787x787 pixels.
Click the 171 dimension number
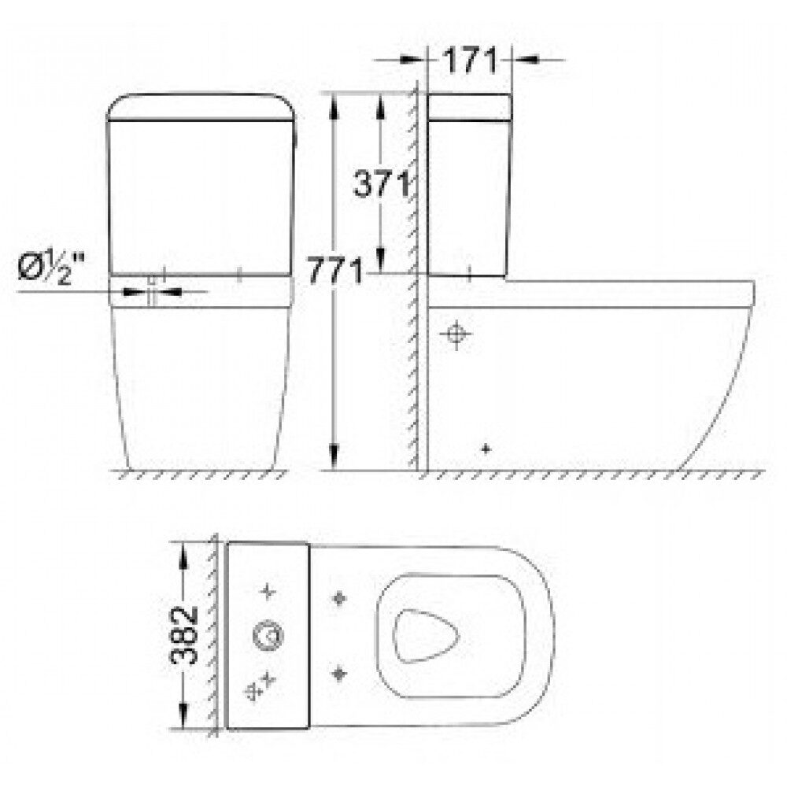point(470,61)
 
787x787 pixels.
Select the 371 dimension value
point(382,183)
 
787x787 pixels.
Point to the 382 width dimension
point(184,635)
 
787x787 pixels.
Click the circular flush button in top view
point(268,636)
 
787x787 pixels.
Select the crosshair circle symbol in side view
point(456,334)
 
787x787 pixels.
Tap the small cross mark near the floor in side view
point(485,449)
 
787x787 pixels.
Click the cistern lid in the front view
point(200,107)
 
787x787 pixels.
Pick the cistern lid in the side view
point(469,107)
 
